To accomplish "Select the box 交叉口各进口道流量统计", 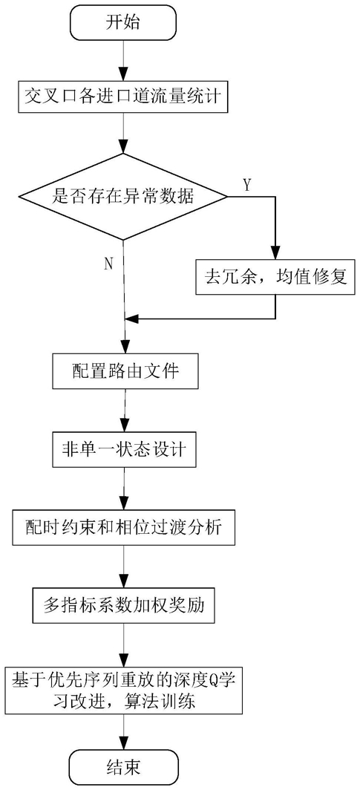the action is tap(123, 96).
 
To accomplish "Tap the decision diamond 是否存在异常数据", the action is tap(123, 195).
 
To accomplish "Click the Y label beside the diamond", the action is tap(247, 186).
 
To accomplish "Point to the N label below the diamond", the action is tap(108, 264).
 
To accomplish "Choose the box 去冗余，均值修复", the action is tap(275, 278).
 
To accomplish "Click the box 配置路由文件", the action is tap(123, 370).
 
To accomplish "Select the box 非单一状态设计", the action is tap(123, 449).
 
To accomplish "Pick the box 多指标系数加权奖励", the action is tap(123, 605).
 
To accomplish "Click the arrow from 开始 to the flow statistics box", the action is tap(123, 60).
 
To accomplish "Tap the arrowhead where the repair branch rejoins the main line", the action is tap(129, 319).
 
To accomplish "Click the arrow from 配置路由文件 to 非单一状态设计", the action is tap(123, 410).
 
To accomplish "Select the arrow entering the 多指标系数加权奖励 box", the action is tap(123, 567).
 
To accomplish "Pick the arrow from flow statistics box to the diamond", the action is tap(123, 132).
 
